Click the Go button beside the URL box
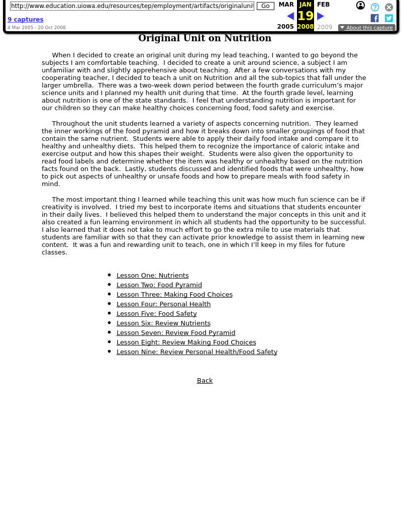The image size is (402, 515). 265,6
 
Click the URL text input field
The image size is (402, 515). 132,6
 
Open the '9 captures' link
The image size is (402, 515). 25,20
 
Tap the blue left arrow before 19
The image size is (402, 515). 290,16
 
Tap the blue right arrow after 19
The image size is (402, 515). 321,16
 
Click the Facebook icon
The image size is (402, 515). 374,18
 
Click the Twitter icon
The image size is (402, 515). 388,18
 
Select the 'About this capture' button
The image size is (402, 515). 366,28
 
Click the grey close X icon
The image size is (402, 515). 389,7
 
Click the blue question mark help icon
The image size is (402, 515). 375,7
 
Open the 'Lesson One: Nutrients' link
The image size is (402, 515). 153,276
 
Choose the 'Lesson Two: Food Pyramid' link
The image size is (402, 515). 159,285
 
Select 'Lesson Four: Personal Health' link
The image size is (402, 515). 163,304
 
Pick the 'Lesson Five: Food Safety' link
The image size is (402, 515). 157,314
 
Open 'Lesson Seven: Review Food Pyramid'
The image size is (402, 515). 176,333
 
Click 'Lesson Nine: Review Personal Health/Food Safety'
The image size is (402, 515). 197,352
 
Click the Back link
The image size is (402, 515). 205,381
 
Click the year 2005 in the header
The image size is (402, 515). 285,27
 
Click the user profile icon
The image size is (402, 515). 360,6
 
